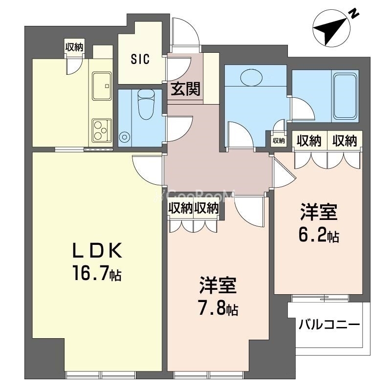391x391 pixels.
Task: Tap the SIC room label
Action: coord(140,59)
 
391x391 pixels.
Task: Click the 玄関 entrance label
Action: coord(186,89)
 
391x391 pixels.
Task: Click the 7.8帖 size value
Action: coord(218,309)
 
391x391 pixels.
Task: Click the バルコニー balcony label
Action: coord(329,324)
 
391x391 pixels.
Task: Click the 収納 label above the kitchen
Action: coord(74,47)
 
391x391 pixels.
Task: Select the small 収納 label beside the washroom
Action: coord(278,141)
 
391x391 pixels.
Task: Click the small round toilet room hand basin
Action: coord(125,136)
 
